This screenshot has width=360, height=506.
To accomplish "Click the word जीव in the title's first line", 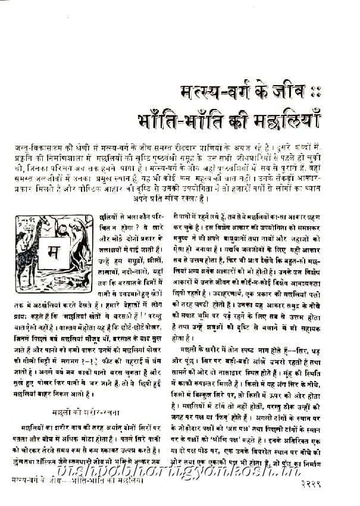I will (x=300, y=95).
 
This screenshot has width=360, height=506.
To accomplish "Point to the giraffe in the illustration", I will (x=26, y=250).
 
